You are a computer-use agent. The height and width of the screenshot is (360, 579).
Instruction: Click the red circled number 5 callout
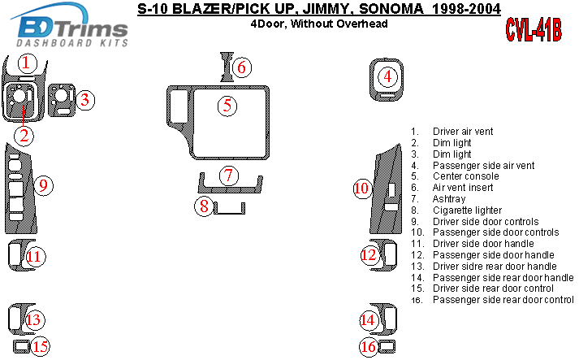pos(228,105)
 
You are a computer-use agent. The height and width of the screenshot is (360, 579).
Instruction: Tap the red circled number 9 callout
pos(45,185)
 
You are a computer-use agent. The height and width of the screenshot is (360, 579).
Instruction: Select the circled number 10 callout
pos(361,189)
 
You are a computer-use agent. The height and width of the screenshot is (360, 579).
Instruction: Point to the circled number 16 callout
pos(369,347)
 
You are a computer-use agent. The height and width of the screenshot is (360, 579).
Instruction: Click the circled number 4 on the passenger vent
pos(388,77)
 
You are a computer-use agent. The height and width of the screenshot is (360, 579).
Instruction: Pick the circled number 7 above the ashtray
pos(230,175)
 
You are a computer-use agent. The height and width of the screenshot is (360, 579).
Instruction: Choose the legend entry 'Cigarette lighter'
pos(472,210)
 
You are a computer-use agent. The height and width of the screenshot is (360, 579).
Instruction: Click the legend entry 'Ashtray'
pos(449,199)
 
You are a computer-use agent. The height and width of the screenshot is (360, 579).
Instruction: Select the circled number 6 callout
pos(241,67)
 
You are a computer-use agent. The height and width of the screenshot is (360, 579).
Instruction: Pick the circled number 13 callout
pos(33,320)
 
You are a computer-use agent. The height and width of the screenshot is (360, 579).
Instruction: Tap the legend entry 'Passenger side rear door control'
pos(503,300)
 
